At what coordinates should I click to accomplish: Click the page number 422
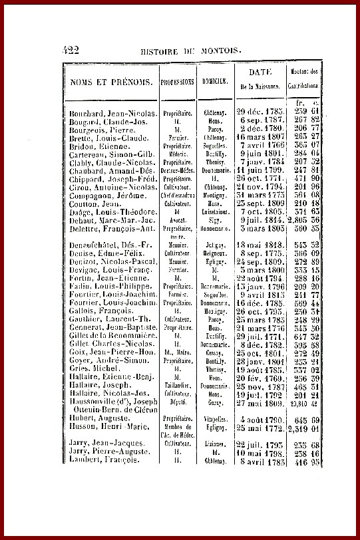pos(71,49)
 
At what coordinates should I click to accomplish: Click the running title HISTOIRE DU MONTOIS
pos(191,51)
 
